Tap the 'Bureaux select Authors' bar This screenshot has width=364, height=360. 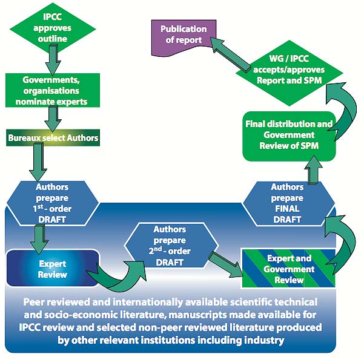click(x=53, y=139)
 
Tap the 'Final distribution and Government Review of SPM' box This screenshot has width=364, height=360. click(x=289, y=136)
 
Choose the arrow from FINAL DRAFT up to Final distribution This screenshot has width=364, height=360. click(x=313, y=172)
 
